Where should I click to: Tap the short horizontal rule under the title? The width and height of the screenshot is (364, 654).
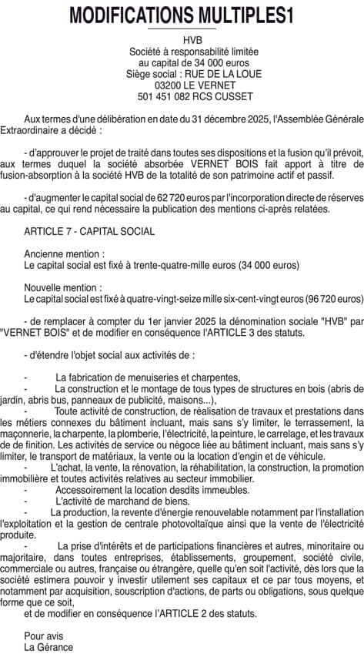(182, 29)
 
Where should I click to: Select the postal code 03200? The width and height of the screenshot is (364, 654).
(169, 86)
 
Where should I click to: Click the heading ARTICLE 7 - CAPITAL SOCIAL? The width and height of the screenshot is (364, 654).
(89, 231)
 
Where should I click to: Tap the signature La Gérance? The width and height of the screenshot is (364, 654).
(48, 647)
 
